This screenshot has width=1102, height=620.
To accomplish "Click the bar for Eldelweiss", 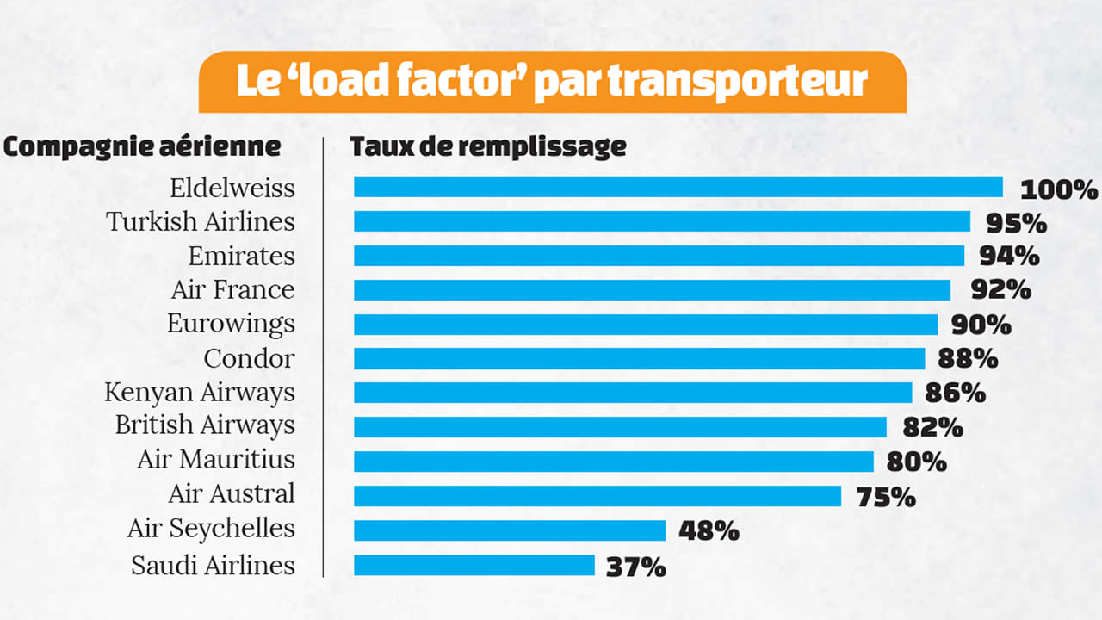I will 678,187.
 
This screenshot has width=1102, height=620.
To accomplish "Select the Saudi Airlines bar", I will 474,565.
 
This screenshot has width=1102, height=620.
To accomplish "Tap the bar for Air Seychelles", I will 509,530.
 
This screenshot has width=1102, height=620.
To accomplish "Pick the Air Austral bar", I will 597,496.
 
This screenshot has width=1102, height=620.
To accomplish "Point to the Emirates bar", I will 659,256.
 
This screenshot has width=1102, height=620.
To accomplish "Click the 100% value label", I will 1059,189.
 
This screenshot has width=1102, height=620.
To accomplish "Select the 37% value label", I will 636,567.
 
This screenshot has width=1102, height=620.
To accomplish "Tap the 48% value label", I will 709,531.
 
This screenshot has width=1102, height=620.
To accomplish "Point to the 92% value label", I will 1000,290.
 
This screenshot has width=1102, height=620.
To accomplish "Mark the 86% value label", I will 955,394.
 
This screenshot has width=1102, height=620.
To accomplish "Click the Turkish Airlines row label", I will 201,221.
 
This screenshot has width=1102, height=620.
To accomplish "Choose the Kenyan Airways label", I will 200,393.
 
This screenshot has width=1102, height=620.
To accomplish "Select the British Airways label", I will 205,425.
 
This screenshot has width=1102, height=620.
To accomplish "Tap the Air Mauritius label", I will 216,459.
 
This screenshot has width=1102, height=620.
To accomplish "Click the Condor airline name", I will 249,357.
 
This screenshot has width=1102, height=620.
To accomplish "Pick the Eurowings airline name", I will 231,324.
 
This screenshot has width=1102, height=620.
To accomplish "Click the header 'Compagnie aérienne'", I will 142,146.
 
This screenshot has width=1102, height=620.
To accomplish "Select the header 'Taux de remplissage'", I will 487,146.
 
